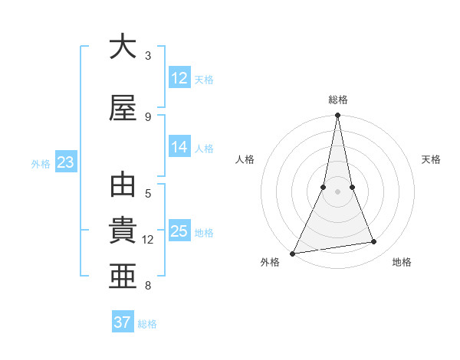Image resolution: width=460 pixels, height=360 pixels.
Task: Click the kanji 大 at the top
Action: tap(123, 47)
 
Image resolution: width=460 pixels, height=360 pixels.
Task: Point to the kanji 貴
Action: tap(123, 232)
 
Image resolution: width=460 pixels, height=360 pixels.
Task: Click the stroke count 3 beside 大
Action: tap(148, 56)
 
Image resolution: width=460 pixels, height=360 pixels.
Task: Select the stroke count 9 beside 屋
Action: tap(148, 117)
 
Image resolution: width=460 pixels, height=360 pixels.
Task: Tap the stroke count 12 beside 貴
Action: tap(148, 240)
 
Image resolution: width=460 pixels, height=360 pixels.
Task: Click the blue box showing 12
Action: tap(179, 78)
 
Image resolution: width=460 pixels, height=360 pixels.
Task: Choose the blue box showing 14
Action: tap(179, 147)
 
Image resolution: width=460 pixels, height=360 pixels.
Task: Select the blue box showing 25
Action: tap(179, 231)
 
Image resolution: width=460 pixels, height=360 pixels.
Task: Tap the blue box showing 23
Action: tap(65, 162)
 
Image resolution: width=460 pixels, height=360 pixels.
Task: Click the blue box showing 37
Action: tap(123, 322)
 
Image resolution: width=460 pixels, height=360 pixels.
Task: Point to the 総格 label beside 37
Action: tap(147, 324)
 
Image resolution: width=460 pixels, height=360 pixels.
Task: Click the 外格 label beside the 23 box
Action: tap(40, 163)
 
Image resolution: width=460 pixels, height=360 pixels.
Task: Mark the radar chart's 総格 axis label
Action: tap(338, 100)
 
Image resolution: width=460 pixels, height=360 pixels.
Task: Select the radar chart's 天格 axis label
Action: tap(431, 159)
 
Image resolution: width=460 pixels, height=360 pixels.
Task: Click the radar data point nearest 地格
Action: tap(374, 242)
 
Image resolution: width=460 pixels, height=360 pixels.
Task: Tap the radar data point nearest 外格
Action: tap(292, 254)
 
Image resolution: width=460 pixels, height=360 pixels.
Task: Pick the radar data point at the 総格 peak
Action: tap(337, 116)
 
